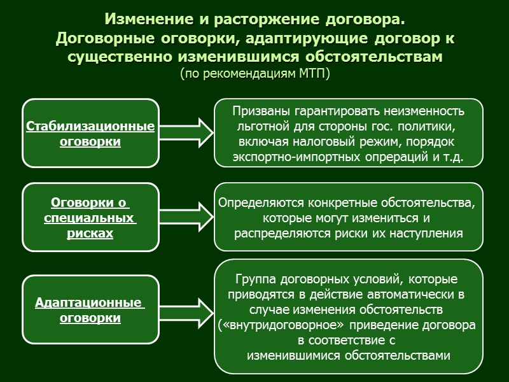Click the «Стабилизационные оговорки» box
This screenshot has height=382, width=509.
90,134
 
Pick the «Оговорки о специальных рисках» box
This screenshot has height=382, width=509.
90,218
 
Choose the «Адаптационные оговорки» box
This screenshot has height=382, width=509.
90,309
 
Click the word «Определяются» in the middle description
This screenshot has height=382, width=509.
261,204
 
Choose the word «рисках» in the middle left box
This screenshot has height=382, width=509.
90,234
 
